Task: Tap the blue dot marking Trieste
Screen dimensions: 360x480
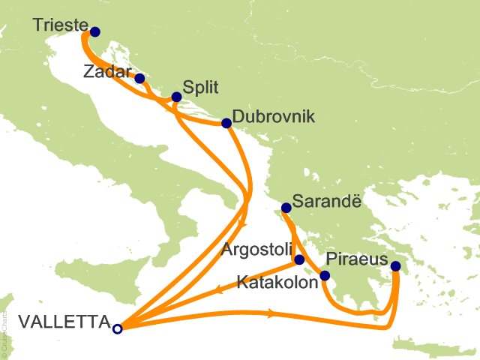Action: point(95,32)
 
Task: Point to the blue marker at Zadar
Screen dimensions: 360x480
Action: point(139,77)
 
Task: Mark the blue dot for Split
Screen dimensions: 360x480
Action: point(176,97)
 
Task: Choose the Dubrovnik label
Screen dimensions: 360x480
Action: point(273,118)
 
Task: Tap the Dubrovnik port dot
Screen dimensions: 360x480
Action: point(226,123)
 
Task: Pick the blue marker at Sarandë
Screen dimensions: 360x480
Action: point(286,208)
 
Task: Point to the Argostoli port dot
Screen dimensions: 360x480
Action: point(299,260)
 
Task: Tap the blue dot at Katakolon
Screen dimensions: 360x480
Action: point(325,276)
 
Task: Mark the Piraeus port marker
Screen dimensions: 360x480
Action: point(396,266)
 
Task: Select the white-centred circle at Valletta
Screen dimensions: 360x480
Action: point(117,328)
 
